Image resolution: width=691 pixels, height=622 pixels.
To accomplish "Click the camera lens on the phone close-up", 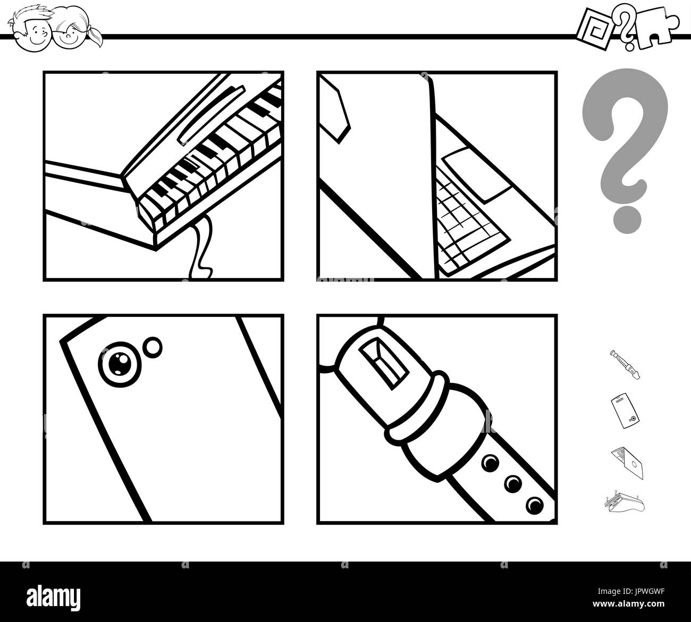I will point(116,363).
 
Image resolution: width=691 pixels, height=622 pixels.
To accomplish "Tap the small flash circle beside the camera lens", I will point(154,346).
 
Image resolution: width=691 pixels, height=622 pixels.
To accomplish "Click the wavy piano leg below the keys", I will point(201,247).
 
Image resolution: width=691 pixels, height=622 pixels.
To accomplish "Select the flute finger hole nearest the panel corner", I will point(534,504).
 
